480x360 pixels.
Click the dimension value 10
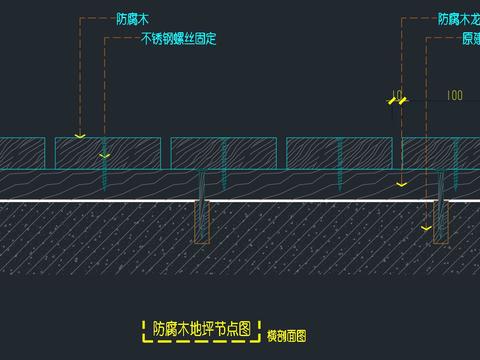[398, 96]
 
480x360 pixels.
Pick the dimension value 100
[455, 96]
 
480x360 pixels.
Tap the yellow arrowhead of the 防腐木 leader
[80, 134]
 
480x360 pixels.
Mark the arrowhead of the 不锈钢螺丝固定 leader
[104, 156]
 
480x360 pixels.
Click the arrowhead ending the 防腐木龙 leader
[399, 184]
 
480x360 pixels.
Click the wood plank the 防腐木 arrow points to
[80, 152]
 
